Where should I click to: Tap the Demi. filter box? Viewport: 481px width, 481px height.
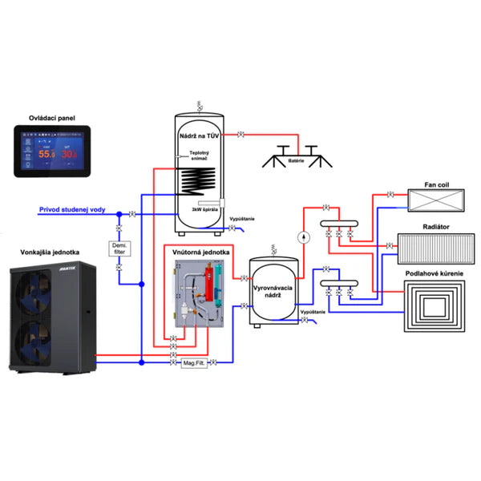coord(119,249)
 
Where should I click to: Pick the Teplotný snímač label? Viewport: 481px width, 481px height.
coord(200,159)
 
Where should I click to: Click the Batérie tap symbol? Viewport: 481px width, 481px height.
coord(298,153)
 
